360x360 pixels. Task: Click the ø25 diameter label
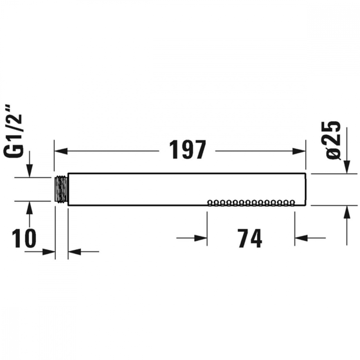coord(333,139)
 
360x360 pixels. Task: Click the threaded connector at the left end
coord(61,190)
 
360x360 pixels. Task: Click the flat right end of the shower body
coord(306,190)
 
